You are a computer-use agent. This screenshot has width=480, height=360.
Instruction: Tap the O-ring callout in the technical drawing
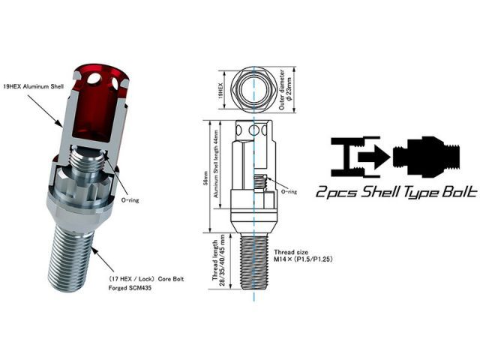pyautogui.click(x=287, y=192)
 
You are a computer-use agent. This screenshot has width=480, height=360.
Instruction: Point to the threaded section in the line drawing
pyautogui.click(x=253, y=262)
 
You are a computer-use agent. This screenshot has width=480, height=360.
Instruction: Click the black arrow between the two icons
pyautogui.click(x=376, y=155)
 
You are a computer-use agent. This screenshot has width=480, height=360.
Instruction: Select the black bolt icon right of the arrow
pyautogui.click(x=427, y=154)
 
